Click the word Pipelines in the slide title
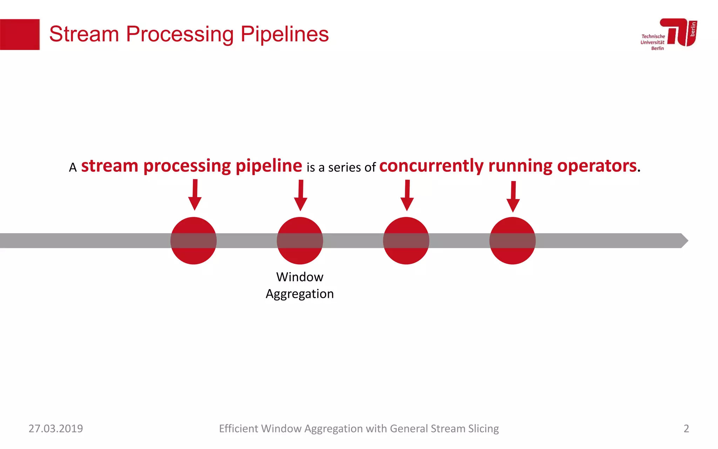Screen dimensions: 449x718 284,34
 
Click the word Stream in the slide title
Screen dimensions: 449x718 84,34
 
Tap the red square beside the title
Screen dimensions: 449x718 20,34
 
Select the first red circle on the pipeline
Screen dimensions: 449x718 194,241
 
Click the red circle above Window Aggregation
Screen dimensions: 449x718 300,241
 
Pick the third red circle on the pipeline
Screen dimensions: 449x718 406,241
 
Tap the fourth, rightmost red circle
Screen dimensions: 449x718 512,241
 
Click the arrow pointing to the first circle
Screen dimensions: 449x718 195,195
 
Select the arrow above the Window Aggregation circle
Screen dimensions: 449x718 300,196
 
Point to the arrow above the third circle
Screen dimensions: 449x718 407,196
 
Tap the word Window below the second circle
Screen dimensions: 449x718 300,277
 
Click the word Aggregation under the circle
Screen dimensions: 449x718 300,294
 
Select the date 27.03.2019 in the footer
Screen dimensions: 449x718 56,429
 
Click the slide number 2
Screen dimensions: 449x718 686,429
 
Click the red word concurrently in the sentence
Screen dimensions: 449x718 431,166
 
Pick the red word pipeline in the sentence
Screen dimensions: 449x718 269,166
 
